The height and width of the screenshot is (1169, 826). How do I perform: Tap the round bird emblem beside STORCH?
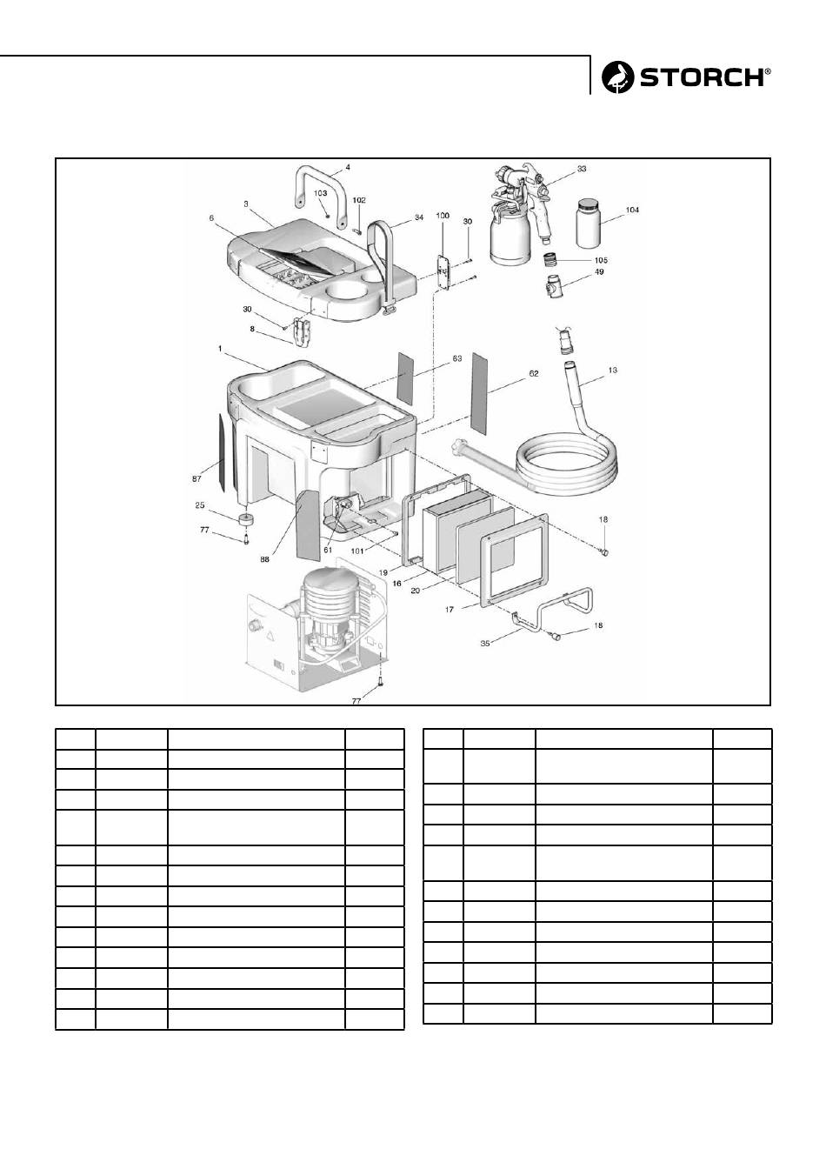[x=619, y=77]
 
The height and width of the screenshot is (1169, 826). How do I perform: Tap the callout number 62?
[x=533, y=373]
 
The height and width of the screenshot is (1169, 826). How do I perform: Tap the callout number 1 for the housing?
[x=222, y=347]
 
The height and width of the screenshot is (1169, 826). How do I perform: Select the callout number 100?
[x=443, y=214]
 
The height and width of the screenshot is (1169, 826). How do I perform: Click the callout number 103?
[x=320, y=192]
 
